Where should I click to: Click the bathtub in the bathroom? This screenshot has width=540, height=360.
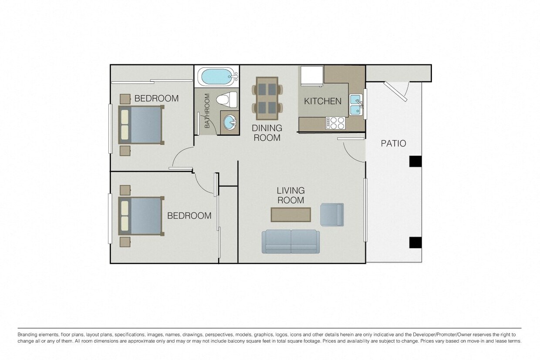click(x=216, y=77)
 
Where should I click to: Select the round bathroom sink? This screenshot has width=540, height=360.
click(x=229, y=123)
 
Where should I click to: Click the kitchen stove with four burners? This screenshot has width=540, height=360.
click(x=335, y=123)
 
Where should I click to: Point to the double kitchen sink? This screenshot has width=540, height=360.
click(x=356, y=104)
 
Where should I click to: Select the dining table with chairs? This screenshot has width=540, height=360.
click(x=267, y=98)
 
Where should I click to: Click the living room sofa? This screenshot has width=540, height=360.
click(x=290, y=242)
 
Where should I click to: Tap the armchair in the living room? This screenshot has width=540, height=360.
click(x=332, y=215)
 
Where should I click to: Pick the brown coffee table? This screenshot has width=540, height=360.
click(x=291, y=215)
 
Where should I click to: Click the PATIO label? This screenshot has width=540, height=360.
click(x=393, y=143)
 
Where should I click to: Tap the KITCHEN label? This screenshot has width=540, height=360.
click(x=322, y=101)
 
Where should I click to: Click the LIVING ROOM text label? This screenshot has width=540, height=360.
click(x=291, y=195)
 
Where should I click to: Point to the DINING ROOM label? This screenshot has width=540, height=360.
click(x=267, y=133)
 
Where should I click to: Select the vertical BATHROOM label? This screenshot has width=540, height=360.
click(x=207, y=111)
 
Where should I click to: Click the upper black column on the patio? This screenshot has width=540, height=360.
click(x=415, y=161)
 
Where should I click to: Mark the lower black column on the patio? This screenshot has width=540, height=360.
click(x=415, y=242)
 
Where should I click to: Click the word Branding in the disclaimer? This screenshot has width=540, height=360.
click(x=28, y=334)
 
